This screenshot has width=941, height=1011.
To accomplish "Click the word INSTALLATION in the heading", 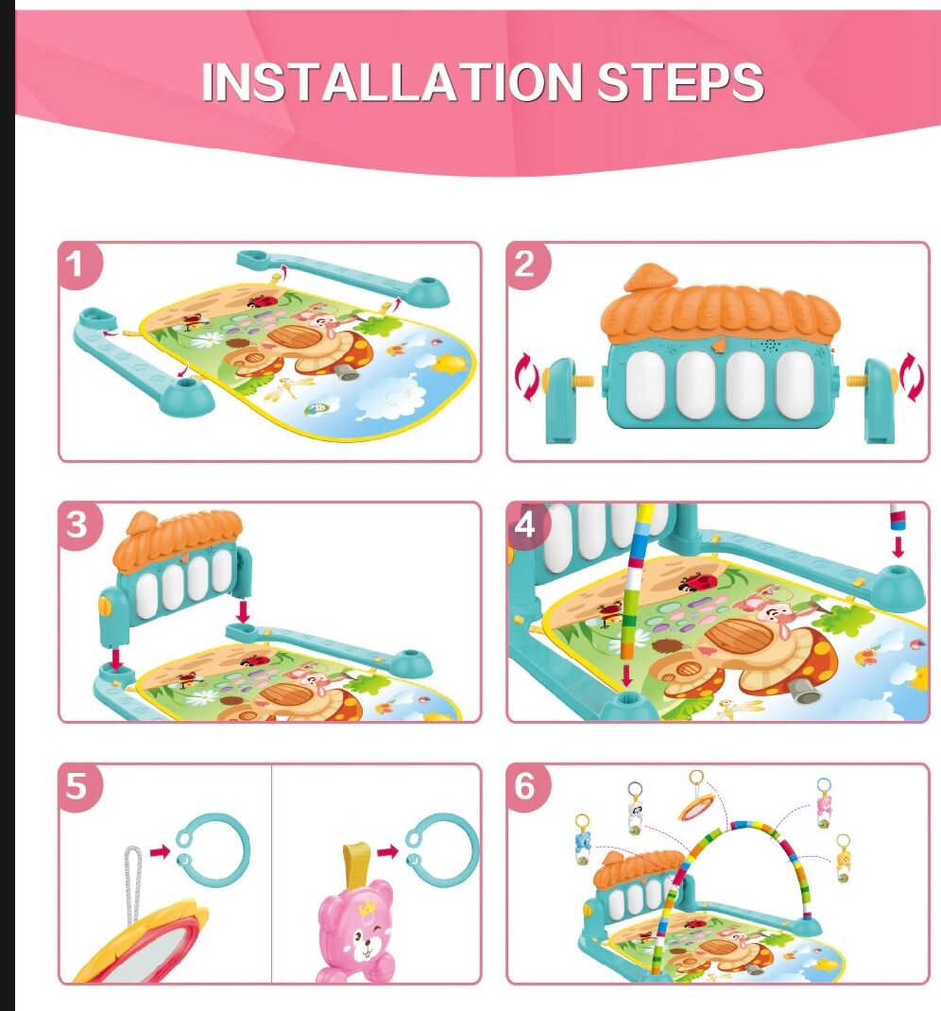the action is (392, 82).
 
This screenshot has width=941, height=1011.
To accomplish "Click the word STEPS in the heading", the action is (680, 82).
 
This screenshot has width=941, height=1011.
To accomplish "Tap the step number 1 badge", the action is (78, 265).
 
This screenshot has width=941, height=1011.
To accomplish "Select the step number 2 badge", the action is (527, 265).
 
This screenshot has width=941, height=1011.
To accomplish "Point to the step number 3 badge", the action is (78, 524).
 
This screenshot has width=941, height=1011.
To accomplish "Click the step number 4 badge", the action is (527, 524).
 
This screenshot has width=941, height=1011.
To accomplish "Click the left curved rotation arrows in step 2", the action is (526, 377).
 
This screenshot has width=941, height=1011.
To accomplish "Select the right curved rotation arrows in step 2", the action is (912, 377).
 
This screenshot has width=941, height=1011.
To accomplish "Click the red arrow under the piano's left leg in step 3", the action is (116, 660).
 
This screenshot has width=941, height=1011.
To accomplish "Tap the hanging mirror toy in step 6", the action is (696, 806).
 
